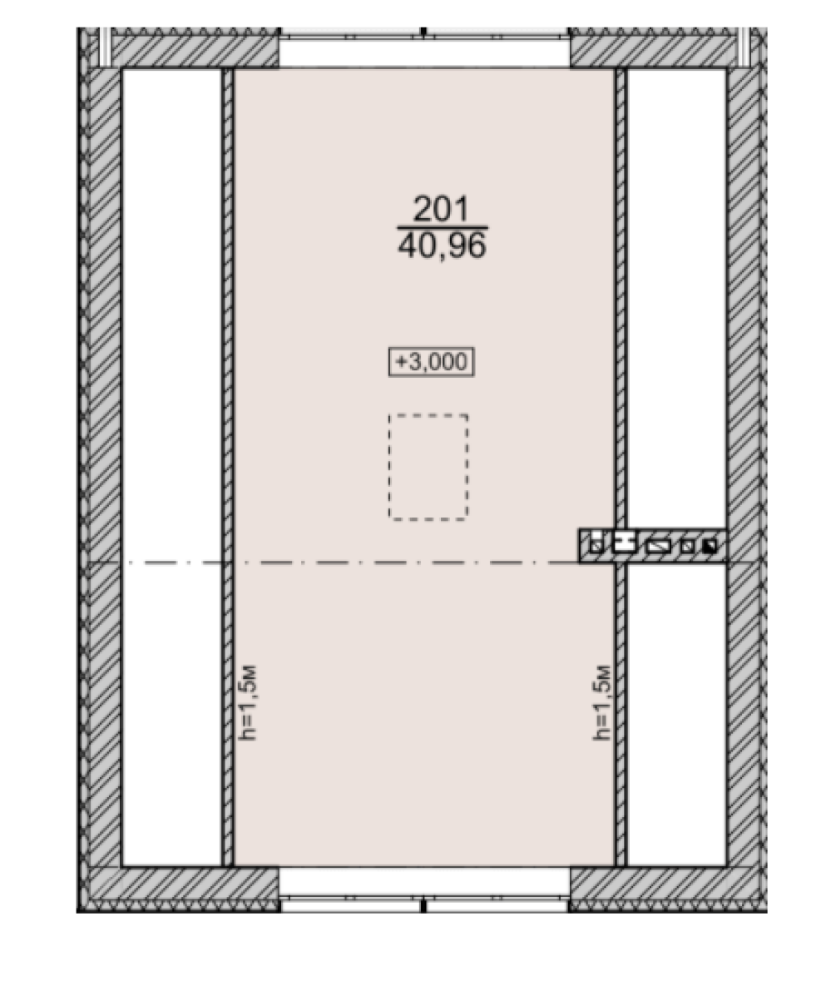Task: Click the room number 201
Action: [x=441, y=209]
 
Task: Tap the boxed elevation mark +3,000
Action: [x=432, y=361]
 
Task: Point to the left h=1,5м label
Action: [x=248, y=703]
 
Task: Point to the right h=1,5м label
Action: [x=601, y=703]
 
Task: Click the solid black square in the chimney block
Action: [x=710, y=546]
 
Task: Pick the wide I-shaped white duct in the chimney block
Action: [x=625, y=542]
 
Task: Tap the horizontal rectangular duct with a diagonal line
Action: [x=659, y=547]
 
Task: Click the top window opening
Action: [x=424, y=48]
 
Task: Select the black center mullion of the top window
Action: [x=423, y=32]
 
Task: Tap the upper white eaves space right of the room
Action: [x=677, y=299]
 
